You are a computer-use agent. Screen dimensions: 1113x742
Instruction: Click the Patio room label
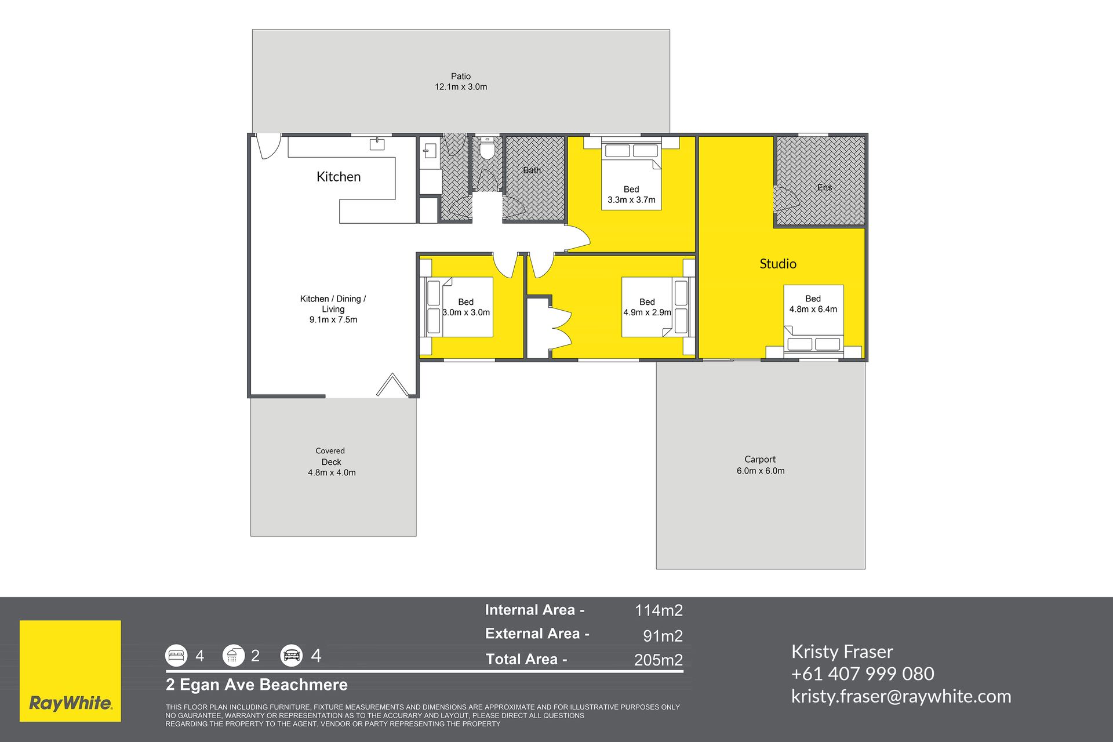click(x=461, y=76)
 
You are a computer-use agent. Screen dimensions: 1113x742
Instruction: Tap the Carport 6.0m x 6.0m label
click(x=761, y=465)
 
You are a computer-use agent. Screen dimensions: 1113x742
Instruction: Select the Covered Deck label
click(x=331, y=456)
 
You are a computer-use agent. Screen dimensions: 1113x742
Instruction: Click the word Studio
click(x=778, y=264)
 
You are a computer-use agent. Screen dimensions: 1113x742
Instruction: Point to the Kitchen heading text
click(x=339, y=177)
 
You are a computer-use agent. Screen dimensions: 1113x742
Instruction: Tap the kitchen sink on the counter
click(x=377, y=144)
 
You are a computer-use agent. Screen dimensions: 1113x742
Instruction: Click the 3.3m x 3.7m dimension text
click(x=631, y=200)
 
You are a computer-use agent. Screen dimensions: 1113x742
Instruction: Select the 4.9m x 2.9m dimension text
click(x=647, y=312)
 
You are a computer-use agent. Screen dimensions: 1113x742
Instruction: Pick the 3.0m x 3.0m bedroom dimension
click(x=466, y=312)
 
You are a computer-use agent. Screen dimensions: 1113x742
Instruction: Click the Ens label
click(x=824, y=187)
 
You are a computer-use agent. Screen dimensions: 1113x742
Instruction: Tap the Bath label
click(x=532, y=170)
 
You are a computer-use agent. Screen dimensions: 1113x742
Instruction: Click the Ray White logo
click(x=70, y=671)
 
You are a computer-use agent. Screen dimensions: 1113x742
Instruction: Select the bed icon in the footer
click(x=176, y=656)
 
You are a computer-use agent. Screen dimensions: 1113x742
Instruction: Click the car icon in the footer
click(x=292, y=656)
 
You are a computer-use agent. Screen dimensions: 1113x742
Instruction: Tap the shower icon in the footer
click(x=234, y=656)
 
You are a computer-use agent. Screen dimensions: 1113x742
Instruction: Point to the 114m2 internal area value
click(x=659, y=610)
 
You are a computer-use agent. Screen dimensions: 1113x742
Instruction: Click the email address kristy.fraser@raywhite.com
click(x=901, y=696)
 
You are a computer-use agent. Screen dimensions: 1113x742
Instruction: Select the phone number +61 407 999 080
click(x=863, y=674)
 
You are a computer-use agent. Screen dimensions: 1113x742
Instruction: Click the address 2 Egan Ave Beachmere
click(x=257, y=685)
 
